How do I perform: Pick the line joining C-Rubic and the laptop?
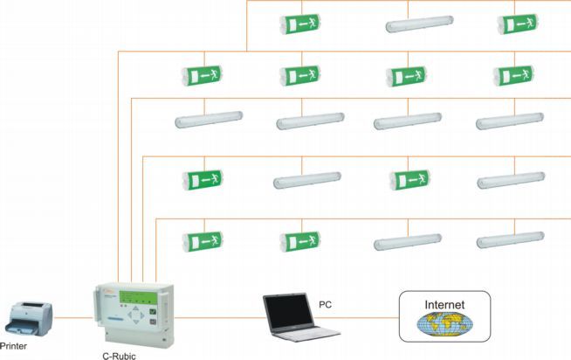[218, 317]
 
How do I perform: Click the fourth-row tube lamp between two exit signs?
[306, 182]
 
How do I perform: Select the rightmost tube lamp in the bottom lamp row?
[510, 239]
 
